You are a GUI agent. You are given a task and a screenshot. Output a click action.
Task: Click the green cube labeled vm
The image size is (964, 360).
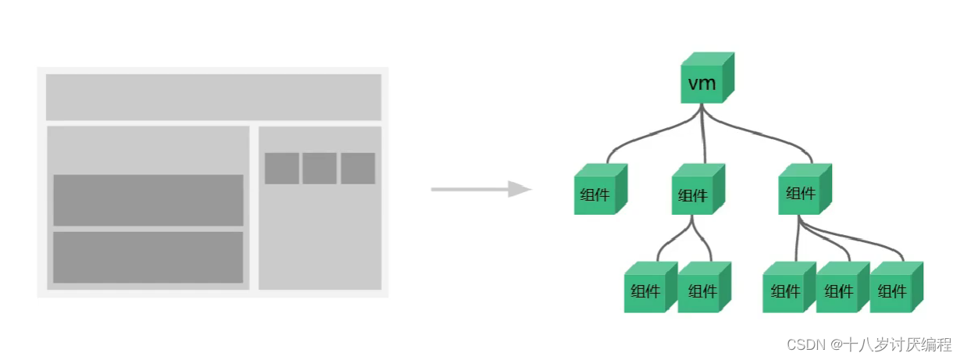pos(707,78)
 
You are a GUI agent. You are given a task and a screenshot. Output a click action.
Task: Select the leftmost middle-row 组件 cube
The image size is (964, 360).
pos(600,189)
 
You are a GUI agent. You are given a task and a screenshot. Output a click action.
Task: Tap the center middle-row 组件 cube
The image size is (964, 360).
pos(698,189)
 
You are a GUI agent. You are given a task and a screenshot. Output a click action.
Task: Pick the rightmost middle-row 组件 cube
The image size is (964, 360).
pos(805,189)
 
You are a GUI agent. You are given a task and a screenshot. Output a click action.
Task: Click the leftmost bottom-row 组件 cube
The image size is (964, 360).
pos(651,287)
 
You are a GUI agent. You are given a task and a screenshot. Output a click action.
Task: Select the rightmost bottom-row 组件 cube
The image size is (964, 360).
pos(897,287)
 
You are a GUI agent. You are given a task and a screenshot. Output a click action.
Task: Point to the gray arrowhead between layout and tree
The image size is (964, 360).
pos(519,189)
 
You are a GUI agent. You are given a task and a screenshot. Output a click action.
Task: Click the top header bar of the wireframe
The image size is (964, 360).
pos(213,97)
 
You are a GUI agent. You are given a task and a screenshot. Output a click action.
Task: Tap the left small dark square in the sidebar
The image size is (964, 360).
pos(282,169)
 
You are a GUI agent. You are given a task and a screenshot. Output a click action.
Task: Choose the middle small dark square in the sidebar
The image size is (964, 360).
pos(320,169)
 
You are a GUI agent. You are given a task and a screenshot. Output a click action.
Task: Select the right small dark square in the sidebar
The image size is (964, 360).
pos(358,169)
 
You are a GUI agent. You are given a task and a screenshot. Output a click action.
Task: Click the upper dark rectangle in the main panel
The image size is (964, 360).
pos(148,200)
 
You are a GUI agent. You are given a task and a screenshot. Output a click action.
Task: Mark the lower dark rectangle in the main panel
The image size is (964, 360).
pos(148,258)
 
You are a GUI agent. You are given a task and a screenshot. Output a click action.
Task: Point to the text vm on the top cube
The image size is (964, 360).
pos(702,83)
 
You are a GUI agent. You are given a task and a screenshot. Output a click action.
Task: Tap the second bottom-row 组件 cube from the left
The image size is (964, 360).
pos(704,287)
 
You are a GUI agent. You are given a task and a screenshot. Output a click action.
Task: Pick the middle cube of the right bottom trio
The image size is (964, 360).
pos(843,287)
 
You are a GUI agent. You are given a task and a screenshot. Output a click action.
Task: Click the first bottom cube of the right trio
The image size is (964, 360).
pos(789,287)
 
